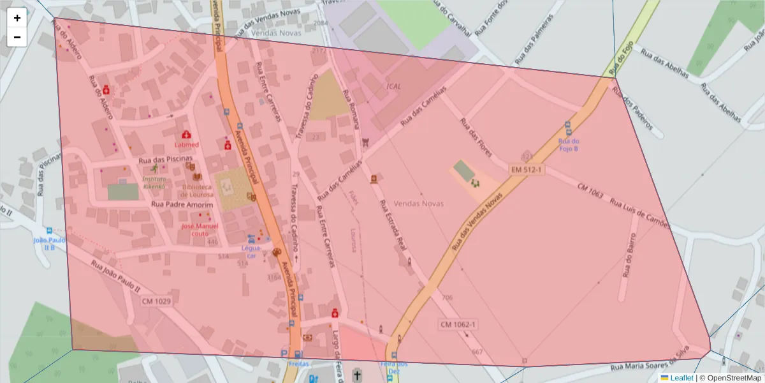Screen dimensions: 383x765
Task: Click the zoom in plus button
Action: click(x=17, y=18)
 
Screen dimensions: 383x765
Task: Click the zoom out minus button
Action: click(x=17, y=37)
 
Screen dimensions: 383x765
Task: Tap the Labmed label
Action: click(x=186, y=145)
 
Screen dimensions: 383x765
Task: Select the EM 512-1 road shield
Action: click(x=526, y=169)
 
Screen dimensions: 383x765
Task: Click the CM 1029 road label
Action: click(x=157, y=301)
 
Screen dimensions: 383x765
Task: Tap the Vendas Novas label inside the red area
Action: click(x=419, y=204)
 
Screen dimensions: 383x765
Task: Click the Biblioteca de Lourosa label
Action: click(x=196, y=191)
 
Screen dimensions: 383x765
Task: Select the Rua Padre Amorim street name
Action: click(x=182, y=204)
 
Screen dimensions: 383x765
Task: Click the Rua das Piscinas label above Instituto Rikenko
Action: click(x=165, y=159)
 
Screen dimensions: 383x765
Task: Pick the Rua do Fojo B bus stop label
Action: click(x=568, y=144)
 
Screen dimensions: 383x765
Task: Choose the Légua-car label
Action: click(x=251, y=252)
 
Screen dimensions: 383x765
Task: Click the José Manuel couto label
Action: click(x=200, y=230)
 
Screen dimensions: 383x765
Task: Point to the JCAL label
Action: click(x=393, y=86)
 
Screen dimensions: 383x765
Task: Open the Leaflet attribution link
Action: click(x=681, y=378)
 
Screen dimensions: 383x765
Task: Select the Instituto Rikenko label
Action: click(x=154, y=183)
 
